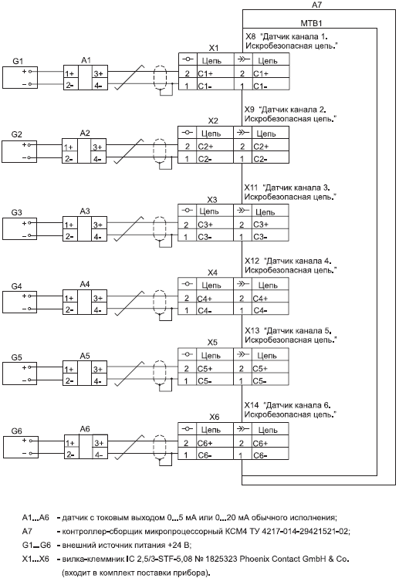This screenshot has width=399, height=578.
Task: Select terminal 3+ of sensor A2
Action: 98,147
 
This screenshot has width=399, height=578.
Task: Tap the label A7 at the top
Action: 316,5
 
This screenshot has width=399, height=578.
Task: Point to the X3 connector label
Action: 212,200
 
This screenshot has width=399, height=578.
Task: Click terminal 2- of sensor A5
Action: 69,380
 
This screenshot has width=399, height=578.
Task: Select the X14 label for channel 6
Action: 252,405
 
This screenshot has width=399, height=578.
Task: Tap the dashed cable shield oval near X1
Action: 159,78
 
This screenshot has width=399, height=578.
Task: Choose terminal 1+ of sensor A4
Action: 69,298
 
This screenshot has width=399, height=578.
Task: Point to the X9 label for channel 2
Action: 250,110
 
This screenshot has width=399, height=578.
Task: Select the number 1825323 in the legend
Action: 222,559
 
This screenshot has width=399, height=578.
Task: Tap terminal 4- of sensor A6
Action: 100,455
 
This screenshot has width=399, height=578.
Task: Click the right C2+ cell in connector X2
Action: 270,147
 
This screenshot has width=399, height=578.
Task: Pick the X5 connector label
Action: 212,343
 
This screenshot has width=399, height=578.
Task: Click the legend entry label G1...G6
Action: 36,545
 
